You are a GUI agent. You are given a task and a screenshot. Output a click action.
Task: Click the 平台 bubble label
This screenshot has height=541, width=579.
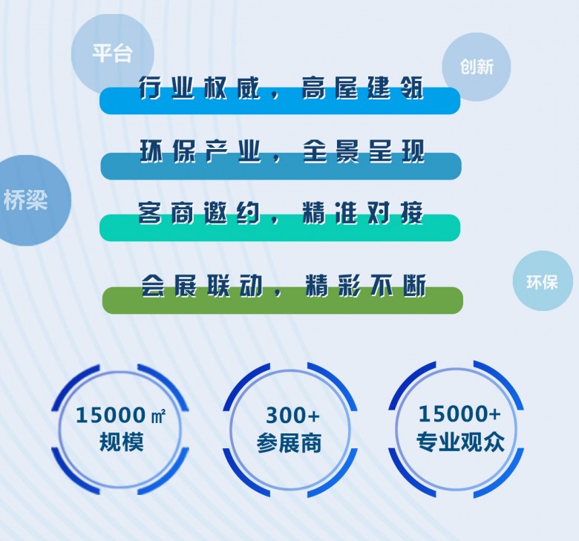pyautogui.click(x=112, y=53)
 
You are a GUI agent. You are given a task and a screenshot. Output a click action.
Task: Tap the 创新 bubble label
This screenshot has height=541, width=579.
pyautogui.click(x=476, y=67)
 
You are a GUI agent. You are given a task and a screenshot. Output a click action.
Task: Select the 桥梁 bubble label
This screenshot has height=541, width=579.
pyautogui.click(x=26, y=200)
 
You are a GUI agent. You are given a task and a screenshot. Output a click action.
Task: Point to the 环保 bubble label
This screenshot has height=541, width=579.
pyautogui.click(x=542, y=281)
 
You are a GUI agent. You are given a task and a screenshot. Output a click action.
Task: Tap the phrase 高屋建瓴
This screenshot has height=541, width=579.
pyautogui.click(x=363, y=89)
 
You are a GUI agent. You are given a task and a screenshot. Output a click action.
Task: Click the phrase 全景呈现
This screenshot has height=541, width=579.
pyautogui.click(x=364, y=151)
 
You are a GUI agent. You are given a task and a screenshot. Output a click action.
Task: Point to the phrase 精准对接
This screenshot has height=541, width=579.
pyautogui.click(x=363, y=214)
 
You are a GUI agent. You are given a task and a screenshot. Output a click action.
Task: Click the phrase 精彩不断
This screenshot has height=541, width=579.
pyautogui.click(x=366, y=286)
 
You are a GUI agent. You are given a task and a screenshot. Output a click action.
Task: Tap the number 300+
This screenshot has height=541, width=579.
pyautogui.click(x=292, y=416)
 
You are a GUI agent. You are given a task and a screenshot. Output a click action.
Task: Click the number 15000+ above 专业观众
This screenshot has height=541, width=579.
pyautogui.click(x=459, y=413)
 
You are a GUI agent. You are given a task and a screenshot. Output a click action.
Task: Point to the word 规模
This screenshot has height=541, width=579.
pyautogui.click(x=122, y=443)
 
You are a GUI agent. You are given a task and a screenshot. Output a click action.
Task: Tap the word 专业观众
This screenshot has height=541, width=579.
pyautogui.click(x=460, y=442)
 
